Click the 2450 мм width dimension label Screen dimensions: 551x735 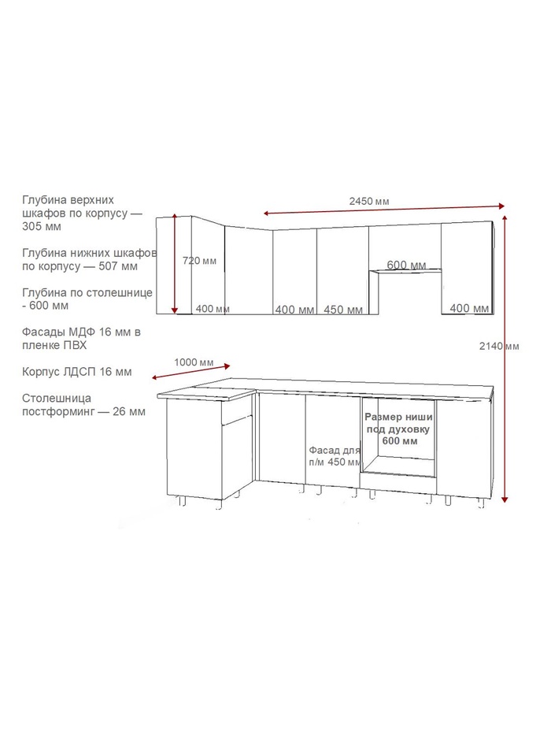pyautogui.click(x=368, y=201)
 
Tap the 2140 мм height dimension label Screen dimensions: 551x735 pyautogui.click(x=499, y=346)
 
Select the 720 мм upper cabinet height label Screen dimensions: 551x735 pyautogui.click(x=200, y=261)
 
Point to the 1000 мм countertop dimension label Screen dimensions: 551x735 pyautogui.click(x=194, y=362)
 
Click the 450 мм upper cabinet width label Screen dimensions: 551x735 pyautogui.click(x=343, y=310)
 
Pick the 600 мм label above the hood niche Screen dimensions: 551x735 pyautogui.click(x=406, y=265)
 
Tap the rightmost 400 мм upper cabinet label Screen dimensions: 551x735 pyautogui.click(x=469, y=308)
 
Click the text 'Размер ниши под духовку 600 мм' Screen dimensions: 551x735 pyautogui.click(x=399, y=429)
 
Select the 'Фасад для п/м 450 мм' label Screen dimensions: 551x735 pyautogui.click(x=335, y=456)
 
